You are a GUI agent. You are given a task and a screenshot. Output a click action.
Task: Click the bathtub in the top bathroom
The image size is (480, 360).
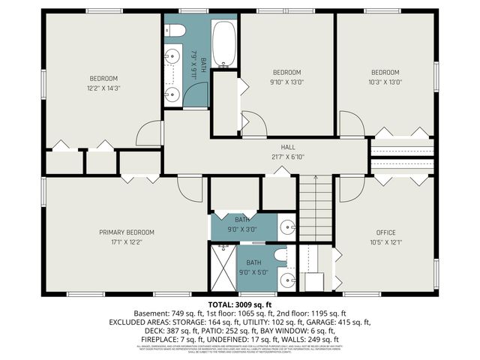point(225,44)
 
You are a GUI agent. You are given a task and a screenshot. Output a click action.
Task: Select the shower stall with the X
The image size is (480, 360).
point(223,268)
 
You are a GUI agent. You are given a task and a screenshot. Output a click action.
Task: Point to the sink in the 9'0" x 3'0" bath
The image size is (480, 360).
point(286,226)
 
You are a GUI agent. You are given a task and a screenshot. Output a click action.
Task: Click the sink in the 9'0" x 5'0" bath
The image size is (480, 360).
point(286,280)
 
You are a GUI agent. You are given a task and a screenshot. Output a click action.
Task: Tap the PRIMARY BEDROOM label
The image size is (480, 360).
point(127,232)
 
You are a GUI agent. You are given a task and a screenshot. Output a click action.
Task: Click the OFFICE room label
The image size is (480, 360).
point(385,232)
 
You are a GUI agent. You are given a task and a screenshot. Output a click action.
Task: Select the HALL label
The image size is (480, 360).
point(288,148)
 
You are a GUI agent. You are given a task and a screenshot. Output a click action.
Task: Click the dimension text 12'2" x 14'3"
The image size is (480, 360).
point(104,88)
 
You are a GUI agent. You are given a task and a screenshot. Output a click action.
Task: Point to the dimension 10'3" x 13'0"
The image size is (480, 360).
point(385,82)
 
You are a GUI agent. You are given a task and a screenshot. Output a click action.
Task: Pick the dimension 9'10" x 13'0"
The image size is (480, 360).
point(286,82)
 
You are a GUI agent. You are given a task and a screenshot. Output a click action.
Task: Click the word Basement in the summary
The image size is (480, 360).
point(148,313)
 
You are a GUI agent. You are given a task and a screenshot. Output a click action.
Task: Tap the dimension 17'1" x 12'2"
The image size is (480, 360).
point(127,242)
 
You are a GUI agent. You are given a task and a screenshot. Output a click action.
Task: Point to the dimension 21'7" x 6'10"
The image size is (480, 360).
point(288,157)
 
